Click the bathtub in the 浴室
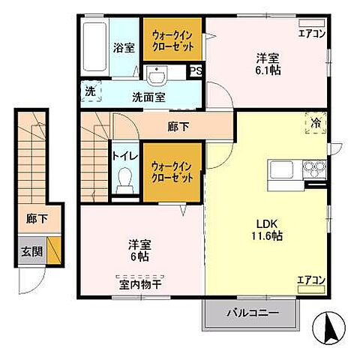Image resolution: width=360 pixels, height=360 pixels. click(x=94, y=47)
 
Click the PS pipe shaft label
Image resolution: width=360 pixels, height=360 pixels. click(x=196, y=71)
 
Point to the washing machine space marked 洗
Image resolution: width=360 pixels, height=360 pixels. click(x=91, y=91)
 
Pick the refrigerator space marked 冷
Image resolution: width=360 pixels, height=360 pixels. click(x=316, y=123)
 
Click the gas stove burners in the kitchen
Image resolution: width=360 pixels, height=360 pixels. click(x=314, y=169)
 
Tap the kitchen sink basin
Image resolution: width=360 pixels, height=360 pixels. click(x=282, y=169)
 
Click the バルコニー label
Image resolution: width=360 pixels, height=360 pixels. click(x=253, y=313)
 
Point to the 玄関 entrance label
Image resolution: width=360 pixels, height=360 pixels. click(x=31, y=251)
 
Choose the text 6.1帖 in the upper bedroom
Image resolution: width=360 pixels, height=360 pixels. click(x=268, y=70)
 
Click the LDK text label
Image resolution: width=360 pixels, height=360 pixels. click(x=267, y=224)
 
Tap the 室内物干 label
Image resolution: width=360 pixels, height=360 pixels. click(x=140, y=284)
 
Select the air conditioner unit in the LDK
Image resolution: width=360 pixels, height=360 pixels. click(x=311, y=289)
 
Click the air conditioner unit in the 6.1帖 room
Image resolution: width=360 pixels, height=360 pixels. click(x=312, y=22)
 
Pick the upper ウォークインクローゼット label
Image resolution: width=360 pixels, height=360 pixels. click(x=172, y=40)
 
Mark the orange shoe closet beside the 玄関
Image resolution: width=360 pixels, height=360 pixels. click(x=54, y=250)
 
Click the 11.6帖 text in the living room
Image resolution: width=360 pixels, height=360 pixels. click(x=267, y=235)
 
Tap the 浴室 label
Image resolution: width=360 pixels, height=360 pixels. click(x=124, y=47)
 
